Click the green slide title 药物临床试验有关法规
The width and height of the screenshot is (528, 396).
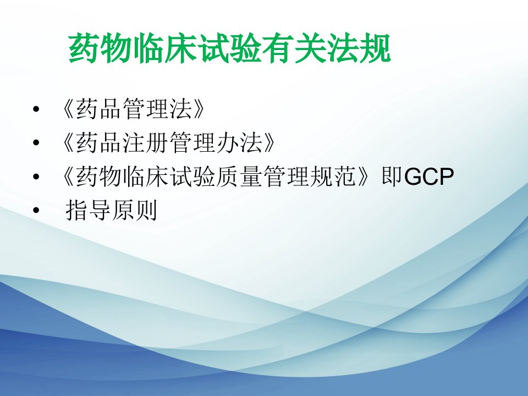tap(230, 48)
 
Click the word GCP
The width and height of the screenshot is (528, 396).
tap(429, 177)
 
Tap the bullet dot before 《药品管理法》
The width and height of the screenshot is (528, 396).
tap(36, 109)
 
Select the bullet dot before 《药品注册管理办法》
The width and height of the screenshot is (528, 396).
tap(36, 142)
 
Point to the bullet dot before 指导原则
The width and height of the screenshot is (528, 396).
tap(36, 210)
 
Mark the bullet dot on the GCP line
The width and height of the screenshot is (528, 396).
tap(36, 176)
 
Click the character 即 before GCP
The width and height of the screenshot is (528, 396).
tap(392, 176)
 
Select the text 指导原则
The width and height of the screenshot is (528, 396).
tap(112, 210)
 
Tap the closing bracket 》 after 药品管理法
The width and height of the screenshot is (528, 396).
tap(199, 109)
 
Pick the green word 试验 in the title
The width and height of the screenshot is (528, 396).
tap(230, 48)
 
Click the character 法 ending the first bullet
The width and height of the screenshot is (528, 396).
tap(181, 109)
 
